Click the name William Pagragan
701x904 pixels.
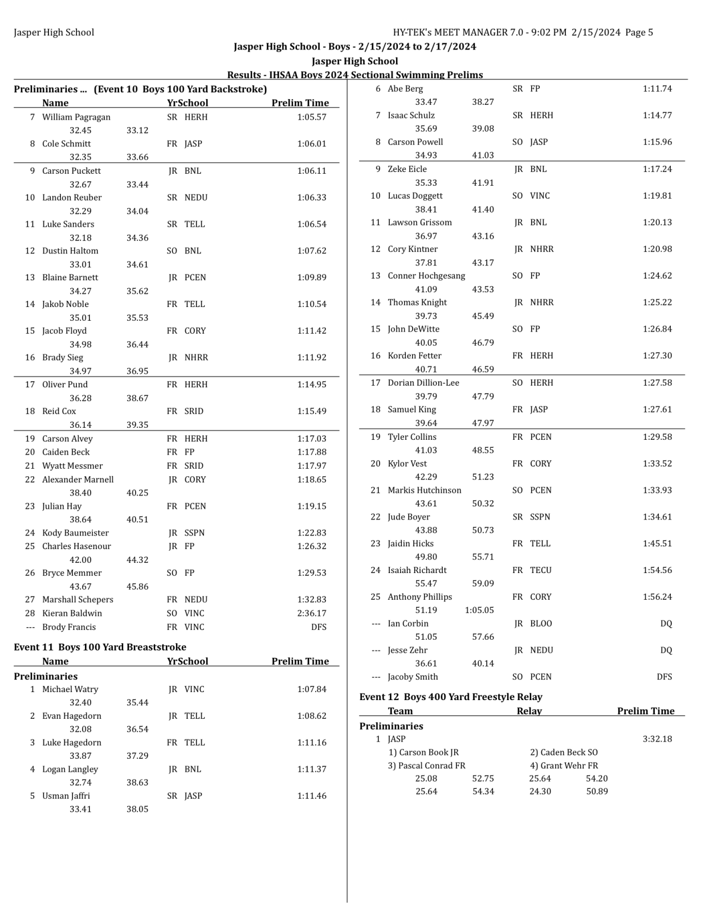tap(76, 117)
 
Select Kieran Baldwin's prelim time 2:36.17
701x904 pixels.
tap(312, 613)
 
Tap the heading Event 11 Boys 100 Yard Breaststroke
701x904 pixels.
tap(100, 647)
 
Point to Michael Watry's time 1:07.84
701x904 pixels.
tap(312, 689)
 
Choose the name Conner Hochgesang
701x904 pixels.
tap(426, 276)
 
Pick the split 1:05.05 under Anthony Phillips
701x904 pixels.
tap(479, 610)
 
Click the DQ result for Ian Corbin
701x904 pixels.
tap(666, 623)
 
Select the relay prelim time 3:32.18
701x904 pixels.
tap(657, 739)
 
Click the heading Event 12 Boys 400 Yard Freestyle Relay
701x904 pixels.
tap(451, 697)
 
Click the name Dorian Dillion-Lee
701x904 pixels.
tap(423, 383)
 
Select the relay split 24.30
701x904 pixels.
tap(540, 791)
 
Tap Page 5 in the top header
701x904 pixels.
tap(639, 32)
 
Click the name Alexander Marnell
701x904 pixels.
tap(78, 479)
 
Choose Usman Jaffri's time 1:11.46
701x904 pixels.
tap(312, 796)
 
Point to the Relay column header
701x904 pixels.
tap(529, 711)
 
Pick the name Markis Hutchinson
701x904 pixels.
tap(425, 490)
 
